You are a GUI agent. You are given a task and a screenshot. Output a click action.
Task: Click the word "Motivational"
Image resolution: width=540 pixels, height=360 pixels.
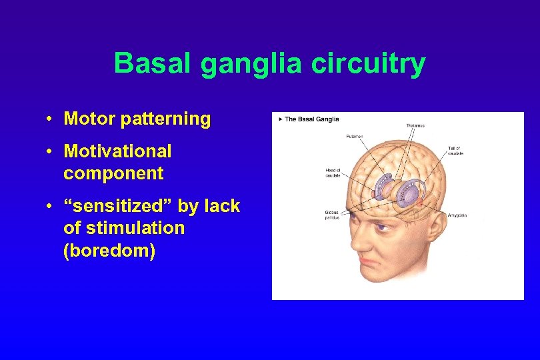tap(117, 151)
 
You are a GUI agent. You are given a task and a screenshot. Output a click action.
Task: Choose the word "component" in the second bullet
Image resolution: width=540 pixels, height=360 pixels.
tap(113, 173)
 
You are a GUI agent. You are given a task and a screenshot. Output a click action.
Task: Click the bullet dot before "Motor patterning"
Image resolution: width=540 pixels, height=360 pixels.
tap(51, 119)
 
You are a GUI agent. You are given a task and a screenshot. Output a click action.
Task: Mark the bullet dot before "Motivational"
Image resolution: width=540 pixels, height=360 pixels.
tap(51, 152)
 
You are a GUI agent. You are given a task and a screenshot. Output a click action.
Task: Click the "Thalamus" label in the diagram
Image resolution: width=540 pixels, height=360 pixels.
tap(415, 125)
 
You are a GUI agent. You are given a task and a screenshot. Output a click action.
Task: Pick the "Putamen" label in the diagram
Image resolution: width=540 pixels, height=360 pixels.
tap(355, 136)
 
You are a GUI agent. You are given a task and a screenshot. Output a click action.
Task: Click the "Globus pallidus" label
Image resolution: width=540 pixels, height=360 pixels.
tap(332, 215)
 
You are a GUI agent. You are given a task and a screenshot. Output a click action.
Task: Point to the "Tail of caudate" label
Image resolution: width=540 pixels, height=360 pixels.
tap(456, 150)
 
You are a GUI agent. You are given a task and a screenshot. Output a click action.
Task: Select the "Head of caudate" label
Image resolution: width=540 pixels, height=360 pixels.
tap(333, 172)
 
